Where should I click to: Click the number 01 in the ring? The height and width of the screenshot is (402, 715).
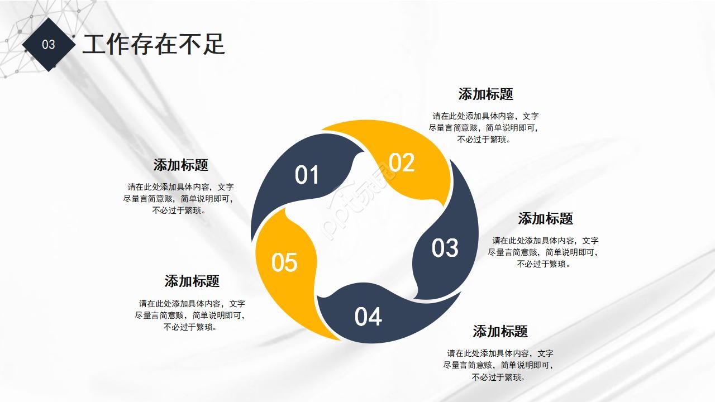(x=307, y=175)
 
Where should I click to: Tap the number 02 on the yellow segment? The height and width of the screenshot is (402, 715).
(x=402, y=162)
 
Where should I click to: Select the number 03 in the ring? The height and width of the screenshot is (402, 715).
(x=445, y=248)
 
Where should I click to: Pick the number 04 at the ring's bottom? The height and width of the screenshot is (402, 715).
(x=368, y=317)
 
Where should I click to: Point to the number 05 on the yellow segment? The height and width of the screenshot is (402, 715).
(x=284, y=262)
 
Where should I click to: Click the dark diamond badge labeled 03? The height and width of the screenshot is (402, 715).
(x=49, y=45)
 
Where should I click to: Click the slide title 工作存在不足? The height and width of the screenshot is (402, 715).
(x=154, y=44)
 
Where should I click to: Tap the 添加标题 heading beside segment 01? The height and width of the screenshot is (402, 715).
(x=180, y=165)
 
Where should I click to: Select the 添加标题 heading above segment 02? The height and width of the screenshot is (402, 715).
(x=485, y=94)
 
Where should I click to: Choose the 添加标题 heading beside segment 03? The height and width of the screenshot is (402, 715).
(x=545, y=219)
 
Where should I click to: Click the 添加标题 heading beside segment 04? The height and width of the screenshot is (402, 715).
(x=500, y=332)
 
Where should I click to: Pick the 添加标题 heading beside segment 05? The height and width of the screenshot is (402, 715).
(x=192, y=281)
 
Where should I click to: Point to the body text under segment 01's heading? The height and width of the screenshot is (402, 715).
(x=179, y=199)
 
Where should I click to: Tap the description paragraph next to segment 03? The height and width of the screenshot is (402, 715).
(x=544, y=252)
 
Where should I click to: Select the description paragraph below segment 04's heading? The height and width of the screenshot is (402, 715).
(x=499, y=365)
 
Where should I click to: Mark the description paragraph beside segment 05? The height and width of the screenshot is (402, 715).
(x=190, y=315)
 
